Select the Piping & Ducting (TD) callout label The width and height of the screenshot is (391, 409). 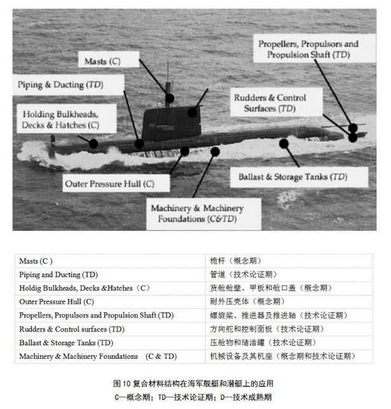point(60,85)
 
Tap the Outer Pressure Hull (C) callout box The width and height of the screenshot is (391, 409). point(109,184)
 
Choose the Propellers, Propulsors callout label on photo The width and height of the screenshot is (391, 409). point(308,50)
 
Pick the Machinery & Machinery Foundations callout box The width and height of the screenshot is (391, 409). point(196,213)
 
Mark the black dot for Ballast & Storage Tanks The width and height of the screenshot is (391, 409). point(284,144)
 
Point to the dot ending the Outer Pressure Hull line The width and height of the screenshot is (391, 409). point(185,151)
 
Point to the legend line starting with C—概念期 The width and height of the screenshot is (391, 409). point(196,397)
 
